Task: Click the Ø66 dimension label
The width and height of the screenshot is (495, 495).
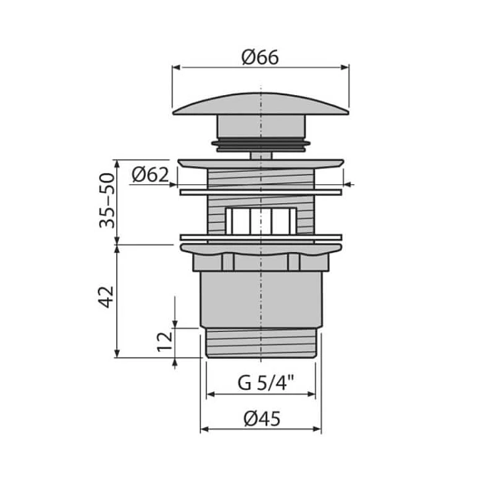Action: (x=260, y=57)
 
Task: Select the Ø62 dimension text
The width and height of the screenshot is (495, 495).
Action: (x=150, y=175)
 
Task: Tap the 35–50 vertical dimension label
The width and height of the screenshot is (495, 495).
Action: (x=107, y=200)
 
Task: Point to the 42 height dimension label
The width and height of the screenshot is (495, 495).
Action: (x=106, y=297)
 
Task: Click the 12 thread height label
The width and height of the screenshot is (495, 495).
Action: (x=165, y=342)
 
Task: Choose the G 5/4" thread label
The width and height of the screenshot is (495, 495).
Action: (x=266, y=383)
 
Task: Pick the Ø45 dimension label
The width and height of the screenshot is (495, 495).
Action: (x=262, y=419)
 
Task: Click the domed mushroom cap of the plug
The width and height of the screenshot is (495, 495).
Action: (x=261, y=104)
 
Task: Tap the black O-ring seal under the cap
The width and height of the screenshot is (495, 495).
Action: (x=261, y=144)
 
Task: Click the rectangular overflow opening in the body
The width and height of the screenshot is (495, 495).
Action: (x=261, y=220)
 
